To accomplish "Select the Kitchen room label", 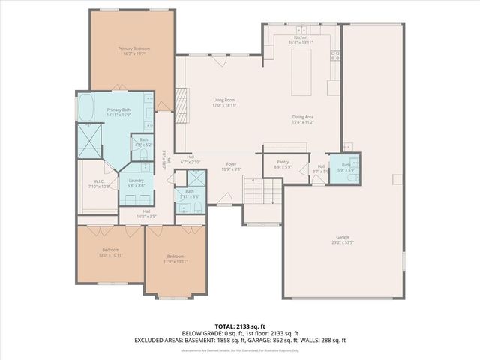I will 300,37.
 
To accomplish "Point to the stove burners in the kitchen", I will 335,55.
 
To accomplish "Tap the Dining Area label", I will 303,117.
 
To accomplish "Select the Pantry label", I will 283,161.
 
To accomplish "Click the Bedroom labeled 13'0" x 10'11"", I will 110,251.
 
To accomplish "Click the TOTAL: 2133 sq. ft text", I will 239,326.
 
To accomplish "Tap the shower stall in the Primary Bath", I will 91,141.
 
